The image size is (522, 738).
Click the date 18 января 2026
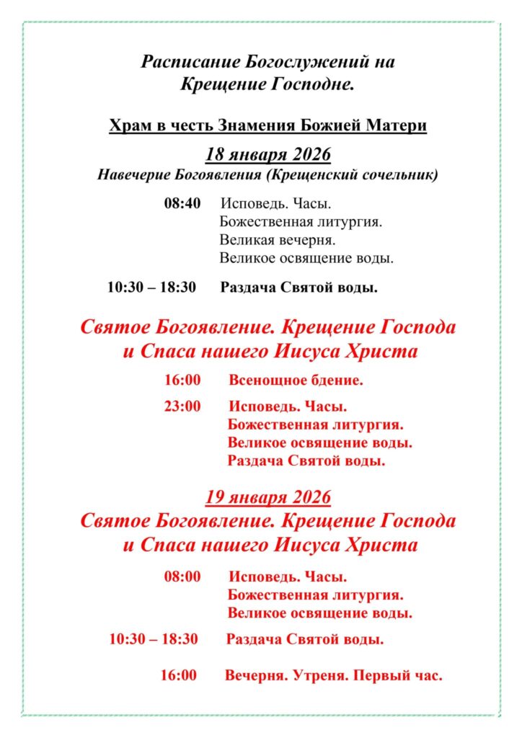pyautogui.click(x=267, y=155)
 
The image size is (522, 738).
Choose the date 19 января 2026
pyautogui.click(x=267, y=497)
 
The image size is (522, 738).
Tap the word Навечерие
pyautogui.click(x=133, y=175)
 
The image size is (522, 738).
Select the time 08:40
pyautogui.click(x=182, y=203)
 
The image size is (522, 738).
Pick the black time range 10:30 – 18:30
pyautogui.click(x=151, y=287)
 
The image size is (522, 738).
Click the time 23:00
pyautogui.click(x=182, y=406)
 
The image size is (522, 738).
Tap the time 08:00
pyautogui.click(x=182, y=577)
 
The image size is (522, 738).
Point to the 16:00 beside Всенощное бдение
pyautogui.click(x=182, y=378)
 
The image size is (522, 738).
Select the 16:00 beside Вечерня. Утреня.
pyautogui.click(x=178, y=675)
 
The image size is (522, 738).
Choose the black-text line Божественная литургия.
pyautogui.click(x=300, y=222)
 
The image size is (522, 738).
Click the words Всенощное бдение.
pyautogui.click(x=296, y=378)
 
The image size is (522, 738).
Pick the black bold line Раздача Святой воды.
pyautogui.click(x=299, y=287)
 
